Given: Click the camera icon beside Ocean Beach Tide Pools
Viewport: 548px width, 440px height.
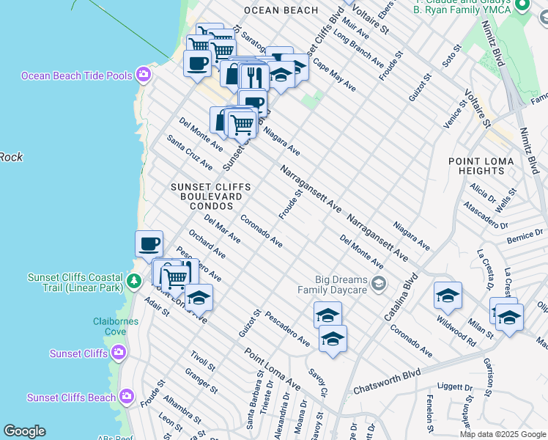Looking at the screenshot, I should [x=144, y=75].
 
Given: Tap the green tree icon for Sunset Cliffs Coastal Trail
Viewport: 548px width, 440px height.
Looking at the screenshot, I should [x=133, y=282].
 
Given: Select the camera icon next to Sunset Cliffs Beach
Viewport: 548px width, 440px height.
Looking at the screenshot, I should [x=127, y=397].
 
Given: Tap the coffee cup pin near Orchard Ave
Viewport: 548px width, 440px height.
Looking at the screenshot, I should [x=149, y=243].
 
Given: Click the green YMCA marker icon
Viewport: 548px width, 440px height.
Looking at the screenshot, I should [x=522, y=6].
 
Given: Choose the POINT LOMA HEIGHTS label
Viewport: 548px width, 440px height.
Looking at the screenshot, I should [x=476, y=166].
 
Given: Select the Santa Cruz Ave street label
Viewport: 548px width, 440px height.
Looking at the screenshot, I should [x=189, y=152].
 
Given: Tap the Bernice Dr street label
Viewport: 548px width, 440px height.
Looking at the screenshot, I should [x=523, y=235].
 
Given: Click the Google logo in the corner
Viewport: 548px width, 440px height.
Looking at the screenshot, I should [x=24, y=431].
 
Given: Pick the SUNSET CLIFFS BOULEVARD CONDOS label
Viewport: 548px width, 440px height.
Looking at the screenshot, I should [x=211, y=197].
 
